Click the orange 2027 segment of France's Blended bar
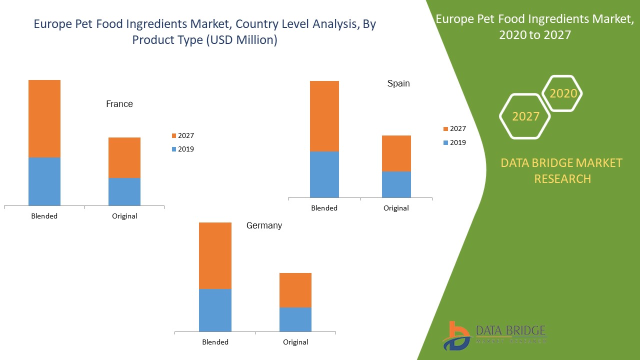coord(44,118)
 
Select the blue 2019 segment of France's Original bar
coord(124,191)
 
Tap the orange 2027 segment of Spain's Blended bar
coord(324,116)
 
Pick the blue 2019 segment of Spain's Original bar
coord(396,184)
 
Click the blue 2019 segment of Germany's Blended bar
coord(215,310)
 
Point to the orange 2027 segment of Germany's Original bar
coord(295,290)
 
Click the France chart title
coord(119,104)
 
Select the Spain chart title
coord(398,83)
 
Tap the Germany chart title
coord(264,225)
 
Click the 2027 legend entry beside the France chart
coord(182,135)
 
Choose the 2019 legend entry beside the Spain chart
coord(454,142)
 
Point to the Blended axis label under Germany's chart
coord(215,342)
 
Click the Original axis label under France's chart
coord(124,216)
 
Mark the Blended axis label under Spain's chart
coord(324,208)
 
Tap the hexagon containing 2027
coord(525,116)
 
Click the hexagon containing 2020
coord(563,93)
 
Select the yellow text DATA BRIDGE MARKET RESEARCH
coord(561,170)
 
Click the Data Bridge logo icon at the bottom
coord(456,336)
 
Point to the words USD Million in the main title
coord(239,40)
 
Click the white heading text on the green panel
coord(534,27)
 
